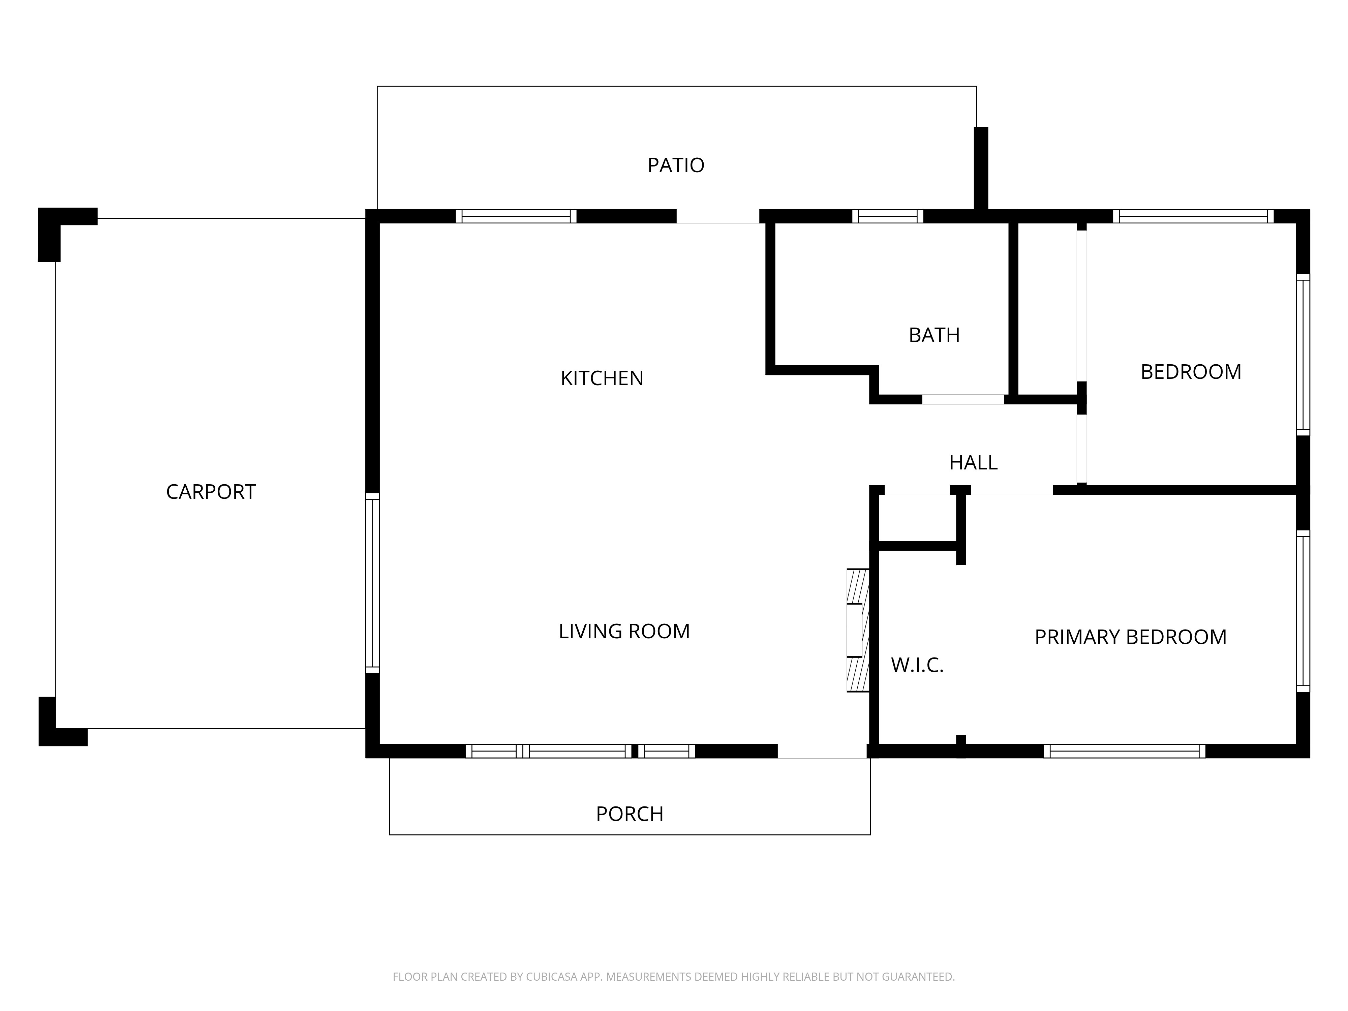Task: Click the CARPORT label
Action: (211, 492)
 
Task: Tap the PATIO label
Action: (676, 165)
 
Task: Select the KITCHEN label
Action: (602, 378)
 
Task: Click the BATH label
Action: (934, 335)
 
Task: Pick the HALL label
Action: (973, 463)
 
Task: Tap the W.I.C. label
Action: (917, 666)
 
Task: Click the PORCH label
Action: (630, 814)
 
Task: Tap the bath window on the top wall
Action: (887, 216)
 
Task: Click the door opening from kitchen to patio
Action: (718, 216)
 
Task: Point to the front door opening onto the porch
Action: (822, 752)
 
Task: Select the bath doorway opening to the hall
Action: (963, 400)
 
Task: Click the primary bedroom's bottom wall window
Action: (1124, 752)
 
